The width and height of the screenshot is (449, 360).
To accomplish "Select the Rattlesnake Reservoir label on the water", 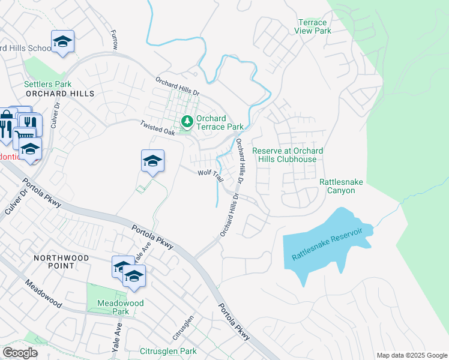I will click(x=328, y=244).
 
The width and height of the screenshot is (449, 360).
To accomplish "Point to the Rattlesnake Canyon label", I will click(x=345, y=186).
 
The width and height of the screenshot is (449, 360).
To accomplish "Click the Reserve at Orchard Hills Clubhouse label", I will click(x=288, y=155).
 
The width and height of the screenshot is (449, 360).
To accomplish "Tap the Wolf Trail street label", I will click(x=211, y=175).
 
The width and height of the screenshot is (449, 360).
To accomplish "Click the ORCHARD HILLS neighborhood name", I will click(x=60, y=94).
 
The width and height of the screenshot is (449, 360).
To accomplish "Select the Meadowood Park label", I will click(x=121, y=307).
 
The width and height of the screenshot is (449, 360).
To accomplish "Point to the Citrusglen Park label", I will click(x=168, y=351).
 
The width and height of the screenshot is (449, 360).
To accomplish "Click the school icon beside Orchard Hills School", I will click(x=62, y=42).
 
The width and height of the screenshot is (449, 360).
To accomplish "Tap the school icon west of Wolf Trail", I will click(x=153, y=161).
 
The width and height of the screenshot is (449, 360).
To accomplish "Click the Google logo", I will click(x=20, y=353).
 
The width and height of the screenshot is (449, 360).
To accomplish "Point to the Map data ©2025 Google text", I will click(x=411, y=355).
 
